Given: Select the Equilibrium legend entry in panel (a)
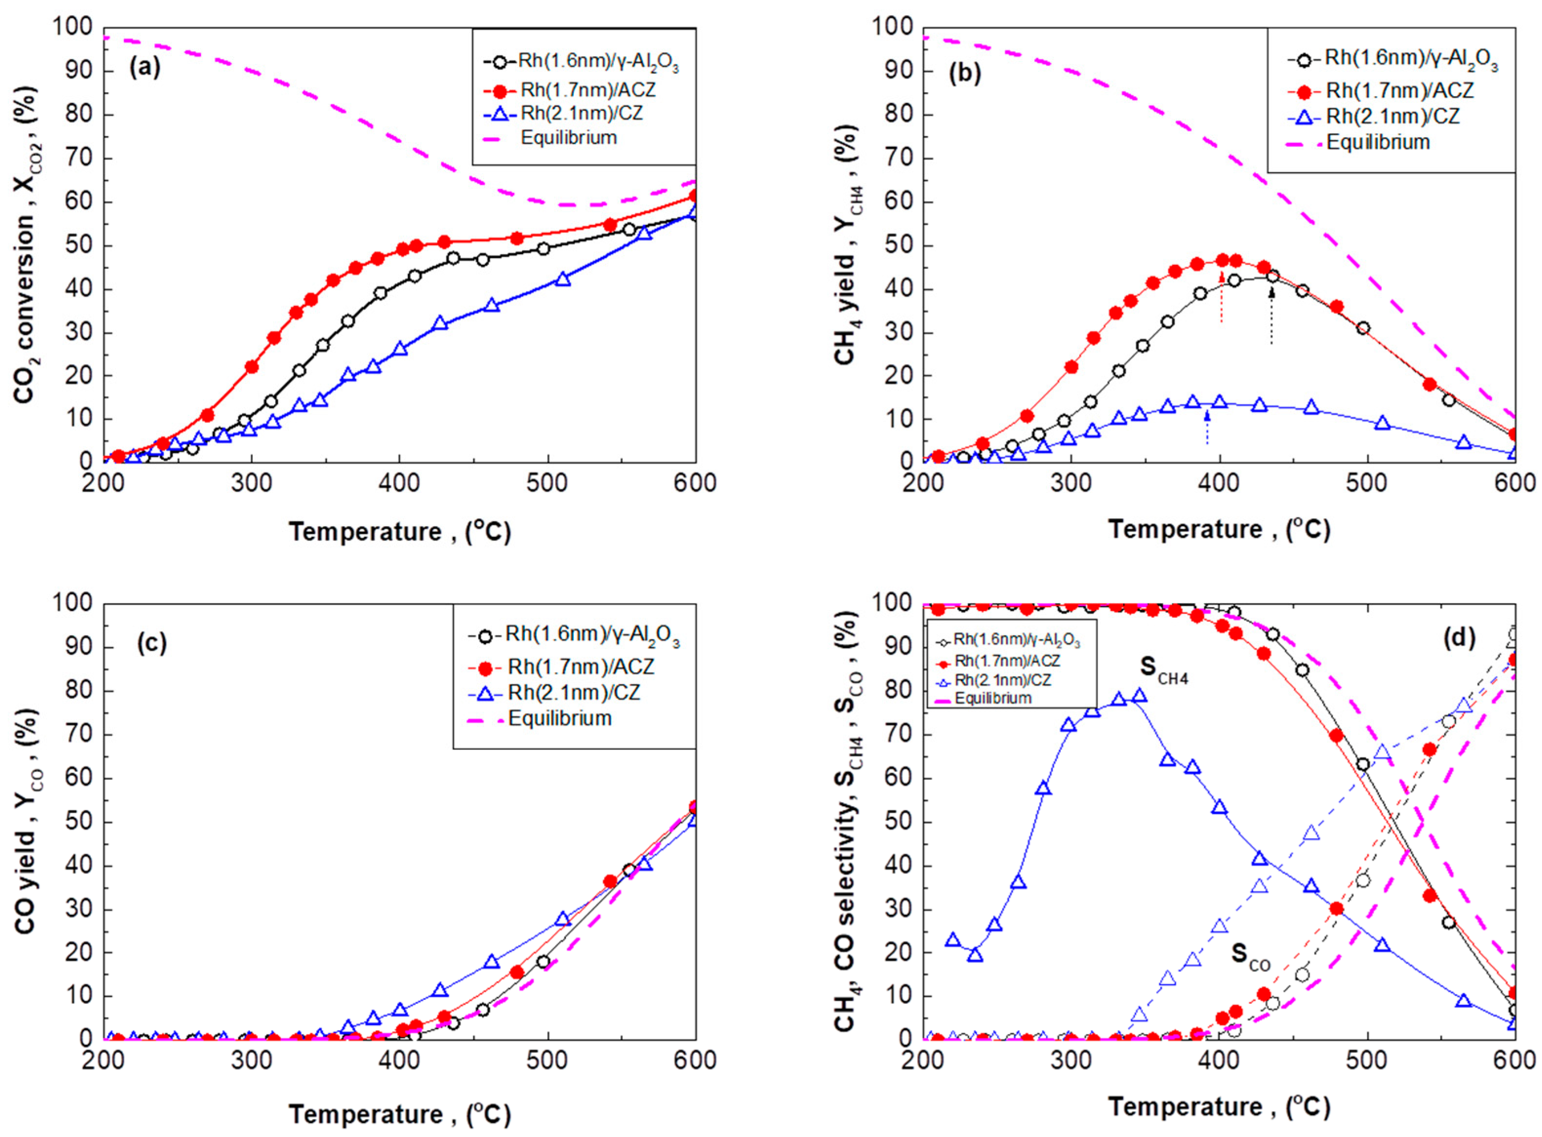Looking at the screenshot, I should click(568, 138).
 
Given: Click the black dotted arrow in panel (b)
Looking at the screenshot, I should click(1272, 317).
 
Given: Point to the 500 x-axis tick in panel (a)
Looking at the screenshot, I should click(548, 483).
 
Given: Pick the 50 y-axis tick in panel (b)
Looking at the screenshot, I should click(898, 246).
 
